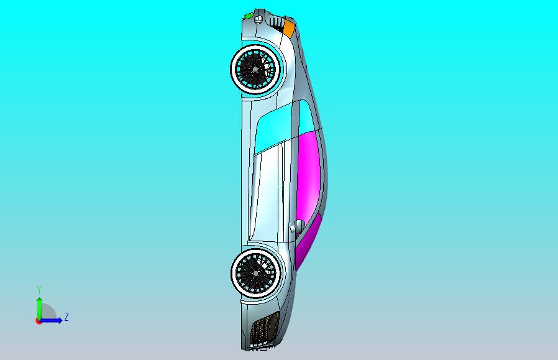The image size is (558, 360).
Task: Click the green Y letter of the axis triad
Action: point(39,290)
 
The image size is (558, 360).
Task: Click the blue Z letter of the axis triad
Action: point(66,317)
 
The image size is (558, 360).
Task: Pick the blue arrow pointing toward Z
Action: point(55,320)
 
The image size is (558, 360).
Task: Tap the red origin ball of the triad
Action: point(39,321)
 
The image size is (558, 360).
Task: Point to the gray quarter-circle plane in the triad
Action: point(48,313)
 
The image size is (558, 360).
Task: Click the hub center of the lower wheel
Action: point(255,272)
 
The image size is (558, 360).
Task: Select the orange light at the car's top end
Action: point(289,28)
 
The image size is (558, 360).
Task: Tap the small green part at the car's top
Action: point(249,15)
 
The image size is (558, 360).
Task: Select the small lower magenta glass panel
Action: point(309,239)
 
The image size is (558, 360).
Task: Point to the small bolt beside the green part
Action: point(256,20)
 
